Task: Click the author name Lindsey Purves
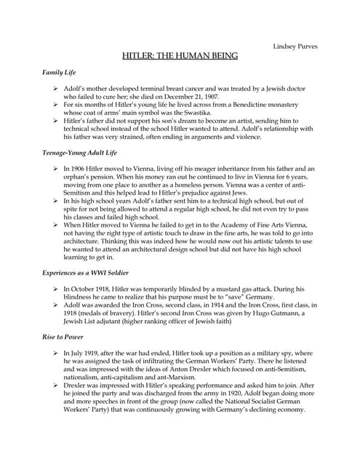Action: [295, 46]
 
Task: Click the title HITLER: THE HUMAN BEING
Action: [180, 57]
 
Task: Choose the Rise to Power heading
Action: [64, 336]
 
